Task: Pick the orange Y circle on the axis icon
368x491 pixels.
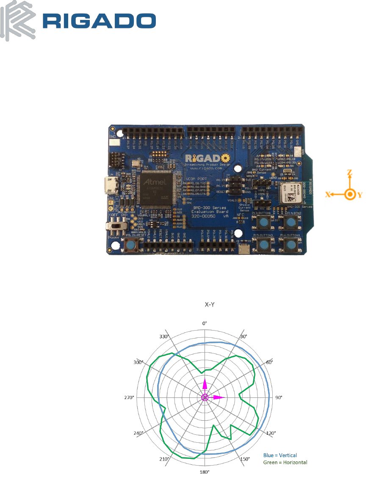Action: [350, 195]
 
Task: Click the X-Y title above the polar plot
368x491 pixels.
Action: [205, 305]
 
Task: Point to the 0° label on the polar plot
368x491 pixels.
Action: [205, 323]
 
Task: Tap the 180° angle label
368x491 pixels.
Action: [205, 472]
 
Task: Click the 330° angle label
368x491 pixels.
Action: [164, 337]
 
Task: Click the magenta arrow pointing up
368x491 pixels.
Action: [205, 384]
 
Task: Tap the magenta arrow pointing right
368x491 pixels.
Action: [218, 397]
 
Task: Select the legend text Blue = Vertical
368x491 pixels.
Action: [280, 455]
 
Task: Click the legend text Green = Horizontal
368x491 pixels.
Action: [285, 462]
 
